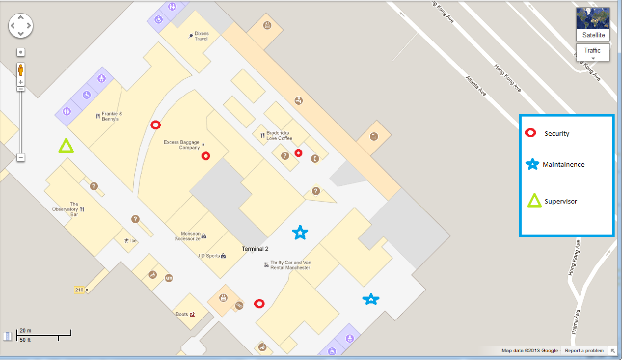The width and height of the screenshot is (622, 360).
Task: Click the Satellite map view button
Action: coord(592,24)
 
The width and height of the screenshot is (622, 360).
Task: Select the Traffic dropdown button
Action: coord(592,52)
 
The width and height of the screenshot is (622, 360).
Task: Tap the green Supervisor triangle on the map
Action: coord(66,146)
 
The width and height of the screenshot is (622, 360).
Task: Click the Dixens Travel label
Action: coord(201,36)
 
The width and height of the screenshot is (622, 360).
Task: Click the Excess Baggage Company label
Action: coord(182,145)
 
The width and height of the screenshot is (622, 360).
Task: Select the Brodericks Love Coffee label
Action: coord(279,135)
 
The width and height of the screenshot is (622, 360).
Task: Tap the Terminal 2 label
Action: coord(255,249)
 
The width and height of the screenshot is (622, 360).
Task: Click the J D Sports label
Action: coord(208,256)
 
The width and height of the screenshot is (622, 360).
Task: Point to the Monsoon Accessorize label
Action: coord(188,236)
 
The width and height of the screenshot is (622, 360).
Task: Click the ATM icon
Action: coord(169,278)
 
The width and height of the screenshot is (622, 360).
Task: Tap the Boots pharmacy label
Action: coord(182,314)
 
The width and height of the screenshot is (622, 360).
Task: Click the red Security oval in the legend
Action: coord(531,133)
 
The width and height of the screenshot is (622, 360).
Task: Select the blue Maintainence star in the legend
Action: coord(532,165)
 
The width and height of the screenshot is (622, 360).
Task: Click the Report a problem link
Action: coord(584,351)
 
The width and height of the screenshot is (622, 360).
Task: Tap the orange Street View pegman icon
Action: coord(21,69)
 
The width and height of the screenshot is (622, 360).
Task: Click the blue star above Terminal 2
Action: coord(300,232)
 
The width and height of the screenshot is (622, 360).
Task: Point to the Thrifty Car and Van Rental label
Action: coord(290,265)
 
